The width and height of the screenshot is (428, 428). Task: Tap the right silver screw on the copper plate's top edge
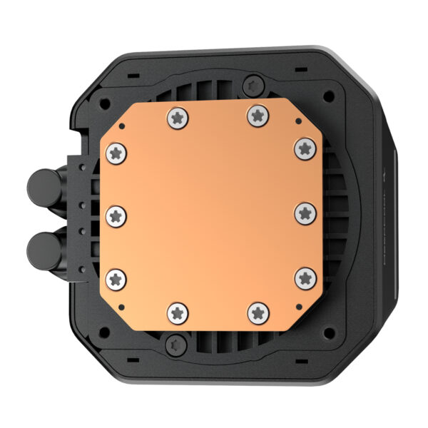[255, 115]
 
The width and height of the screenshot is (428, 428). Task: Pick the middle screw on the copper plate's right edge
[305, 212]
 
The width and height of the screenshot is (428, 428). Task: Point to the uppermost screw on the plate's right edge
[305, 149]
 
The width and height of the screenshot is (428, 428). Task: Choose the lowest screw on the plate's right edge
[305, 276]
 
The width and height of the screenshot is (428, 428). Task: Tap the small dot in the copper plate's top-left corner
[123, 126]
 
